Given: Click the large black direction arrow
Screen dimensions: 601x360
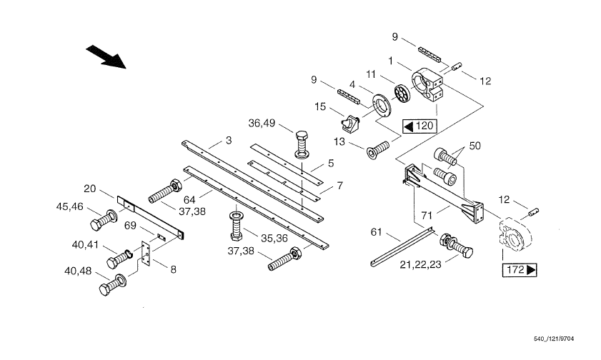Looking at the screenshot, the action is tap(106, 56).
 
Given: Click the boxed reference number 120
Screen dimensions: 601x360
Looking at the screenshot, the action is tap(419, 126).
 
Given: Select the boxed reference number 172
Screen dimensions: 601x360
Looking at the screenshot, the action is tap(520, 269).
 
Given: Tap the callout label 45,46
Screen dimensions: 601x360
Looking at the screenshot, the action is tap(70, 207).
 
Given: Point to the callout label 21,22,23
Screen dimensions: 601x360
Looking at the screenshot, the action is tap(420, 264).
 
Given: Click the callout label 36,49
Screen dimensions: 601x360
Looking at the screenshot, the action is tap(262, 124).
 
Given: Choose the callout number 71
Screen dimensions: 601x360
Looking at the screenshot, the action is tap(427, 216).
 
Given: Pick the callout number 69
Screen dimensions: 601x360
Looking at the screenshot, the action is tap(130, 226).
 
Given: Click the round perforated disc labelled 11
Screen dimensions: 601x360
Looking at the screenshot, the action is tap(402, 94).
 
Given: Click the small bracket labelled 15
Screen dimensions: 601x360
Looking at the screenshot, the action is tap(350, 124).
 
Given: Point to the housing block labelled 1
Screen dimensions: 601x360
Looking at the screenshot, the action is tap(427, 85).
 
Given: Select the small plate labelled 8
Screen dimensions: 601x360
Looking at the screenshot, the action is tap(146, 254).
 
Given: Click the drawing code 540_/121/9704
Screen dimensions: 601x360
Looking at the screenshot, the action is tap(554, 339).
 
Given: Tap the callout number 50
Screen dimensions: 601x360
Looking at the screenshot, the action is tap(475, 146).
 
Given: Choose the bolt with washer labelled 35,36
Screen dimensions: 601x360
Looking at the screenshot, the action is tap(235, 226).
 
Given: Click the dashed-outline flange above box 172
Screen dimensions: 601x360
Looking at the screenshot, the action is tap(515, 234).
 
